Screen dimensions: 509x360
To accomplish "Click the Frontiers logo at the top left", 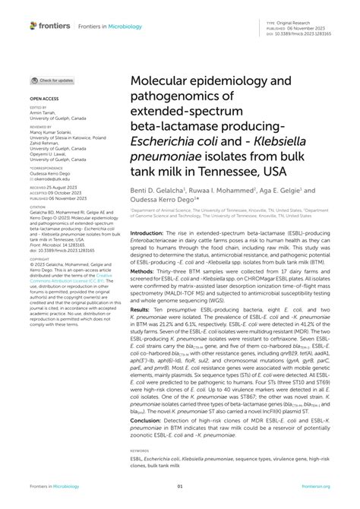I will coord(50,26).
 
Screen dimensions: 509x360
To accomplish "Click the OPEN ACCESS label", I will coord(46,99).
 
